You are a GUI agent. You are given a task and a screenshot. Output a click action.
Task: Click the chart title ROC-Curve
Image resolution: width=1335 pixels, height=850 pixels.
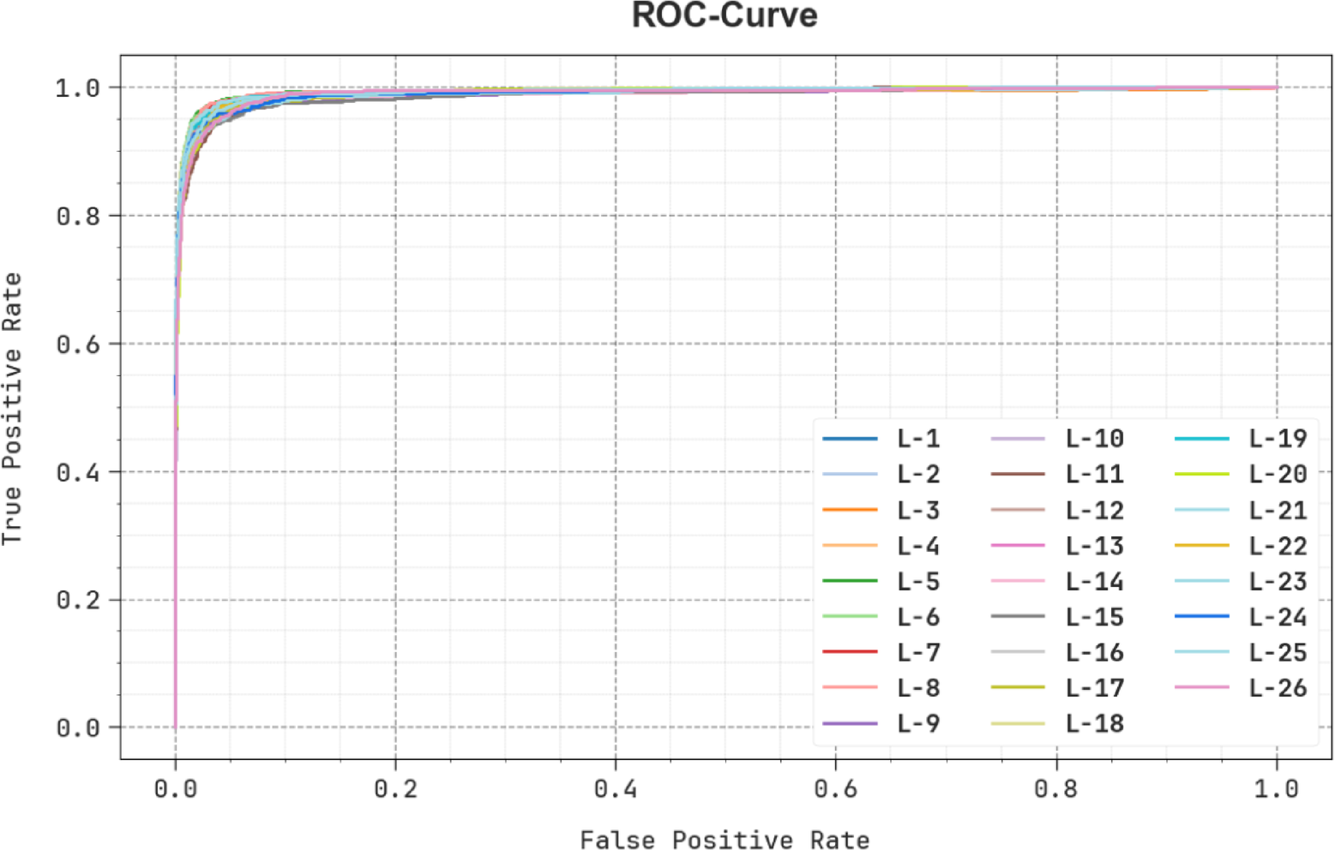(725, 15)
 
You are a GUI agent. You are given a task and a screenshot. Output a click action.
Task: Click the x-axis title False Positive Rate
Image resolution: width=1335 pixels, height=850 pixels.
(725, 840)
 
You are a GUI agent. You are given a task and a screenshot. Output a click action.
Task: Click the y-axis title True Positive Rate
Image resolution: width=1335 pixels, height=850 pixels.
(12, 409)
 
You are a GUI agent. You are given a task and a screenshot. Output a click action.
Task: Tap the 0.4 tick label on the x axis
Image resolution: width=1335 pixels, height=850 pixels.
(615, 788)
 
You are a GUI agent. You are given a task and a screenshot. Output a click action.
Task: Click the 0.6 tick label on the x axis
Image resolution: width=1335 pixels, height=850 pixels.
(835, 788)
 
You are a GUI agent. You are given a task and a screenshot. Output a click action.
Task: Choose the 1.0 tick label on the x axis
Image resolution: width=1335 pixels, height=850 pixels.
(1276, 788)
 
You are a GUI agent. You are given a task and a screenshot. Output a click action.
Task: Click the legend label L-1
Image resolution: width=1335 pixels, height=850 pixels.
(918, 439)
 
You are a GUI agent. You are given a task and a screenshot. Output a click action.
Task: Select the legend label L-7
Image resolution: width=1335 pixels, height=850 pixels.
(918, 652)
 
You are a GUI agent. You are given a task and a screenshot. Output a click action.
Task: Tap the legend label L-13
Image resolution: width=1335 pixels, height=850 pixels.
(1094, 546)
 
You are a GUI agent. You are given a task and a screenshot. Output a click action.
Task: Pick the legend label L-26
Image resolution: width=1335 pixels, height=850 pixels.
(1278, 688)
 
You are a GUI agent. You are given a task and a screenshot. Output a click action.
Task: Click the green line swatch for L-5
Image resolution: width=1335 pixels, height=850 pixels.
(850, 581)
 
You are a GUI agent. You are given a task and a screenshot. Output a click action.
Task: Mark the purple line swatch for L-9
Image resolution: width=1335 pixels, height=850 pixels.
(850, 723)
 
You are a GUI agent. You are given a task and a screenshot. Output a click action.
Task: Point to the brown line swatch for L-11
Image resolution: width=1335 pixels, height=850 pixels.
(1018, 474)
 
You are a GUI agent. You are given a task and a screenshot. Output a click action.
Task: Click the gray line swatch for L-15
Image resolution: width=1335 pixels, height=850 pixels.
(1018, 616)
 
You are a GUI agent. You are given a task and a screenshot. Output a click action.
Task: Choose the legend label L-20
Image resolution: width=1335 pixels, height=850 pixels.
(1278, 474)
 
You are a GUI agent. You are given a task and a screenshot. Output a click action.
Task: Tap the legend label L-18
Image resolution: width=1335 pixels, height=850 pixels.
(1094, 723)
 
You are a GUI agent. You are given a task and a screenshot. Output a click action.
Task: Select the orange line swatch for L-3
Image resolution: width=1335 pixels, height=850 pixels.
(850, 510)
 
